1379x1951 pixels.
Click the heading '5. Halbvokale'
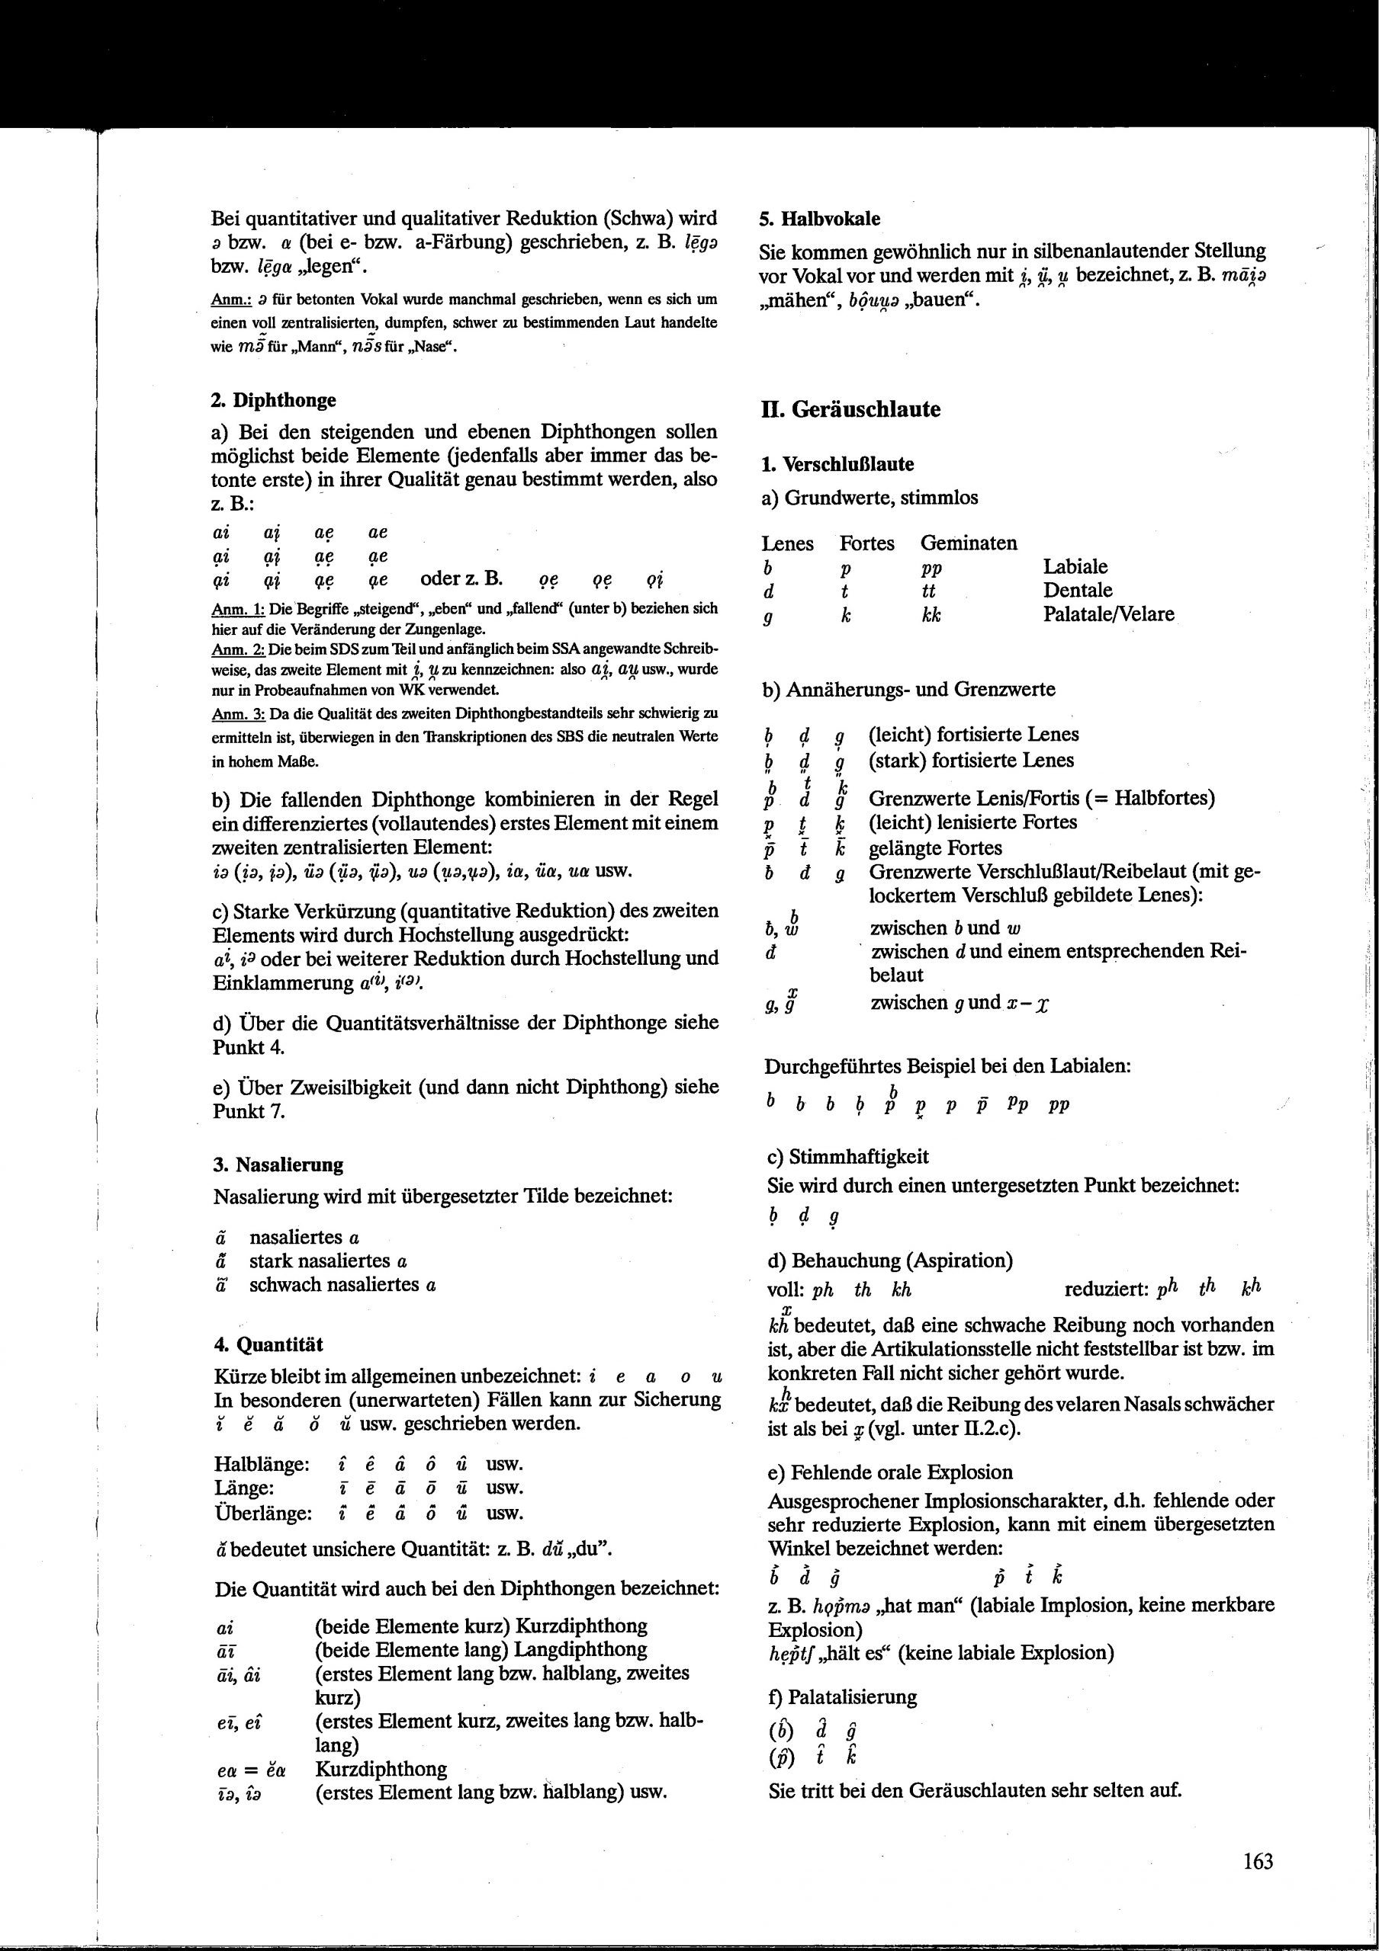(x=818, y=219)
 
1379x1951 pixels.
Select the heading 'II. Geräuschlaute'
(x=850, y=409)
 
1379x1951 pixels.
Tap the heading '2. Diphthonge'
(x=273, y=399)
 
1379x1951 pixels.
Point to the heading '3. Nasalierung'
(x=278, y=1165)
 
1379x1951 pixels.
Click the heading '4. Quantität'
(x=268, y=1344)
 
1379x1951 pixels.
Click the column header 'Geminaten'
(x=969, y=543)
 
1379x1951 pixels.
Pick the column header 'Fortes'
(x=867, y=543)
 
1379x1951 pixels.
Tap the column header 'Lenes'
(x=787, y=543)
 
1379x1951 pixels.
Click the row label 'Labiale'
(x=1075, y=567)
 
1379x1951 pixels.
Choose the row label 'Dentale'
(x=1078, y=590)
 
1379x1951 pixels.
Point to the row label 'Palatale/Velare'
(x=1109, y=613)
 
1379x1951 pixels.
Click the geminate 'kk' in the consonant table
(x=931, y=614)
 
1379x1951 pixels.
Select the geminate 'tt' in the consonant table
(x=928, y=591)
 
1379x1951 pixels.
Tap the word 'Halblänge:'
(x=261, y=1464)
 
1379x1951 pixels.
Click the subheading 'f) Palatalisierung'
(x=843, y=1697)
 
